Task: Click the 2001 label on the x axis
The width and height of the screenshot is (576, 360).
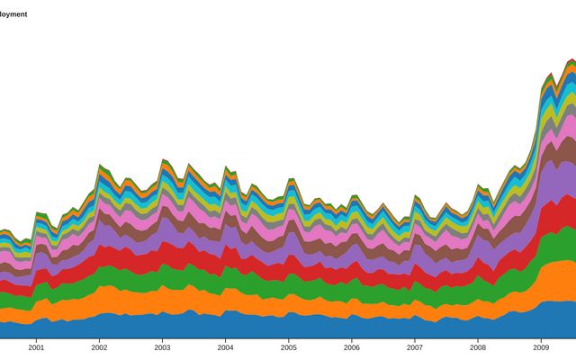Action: [36, 346]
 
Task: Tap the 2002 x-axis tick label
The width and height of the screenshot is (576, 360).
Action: [99, 346]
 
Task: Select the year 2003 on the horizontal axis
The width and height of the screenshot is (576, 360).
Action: [162, 346]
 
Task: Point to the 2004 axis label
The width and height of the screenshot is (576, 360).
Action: [225, 346]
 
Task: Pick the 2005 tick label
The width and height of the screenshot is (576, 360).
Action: [288, 346]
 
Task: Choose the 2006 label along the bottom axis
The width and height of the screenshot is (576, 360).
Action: [352, 346]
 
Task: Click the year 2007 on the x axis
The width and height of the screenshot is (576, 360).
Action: [415, 346]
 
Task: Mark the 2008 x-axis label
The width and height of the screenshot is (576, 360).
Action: [478, 346]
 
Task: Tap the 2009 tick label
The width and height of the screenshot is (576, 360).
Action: [541, 346]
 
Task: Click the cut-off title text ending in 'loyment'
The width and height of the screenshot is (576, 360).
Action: [13, 14]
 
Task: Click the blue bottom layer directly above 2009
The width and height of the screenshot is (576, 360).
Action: [541, 320]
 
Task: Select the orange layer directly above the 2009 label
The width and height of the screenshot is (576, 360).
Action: [541, 283]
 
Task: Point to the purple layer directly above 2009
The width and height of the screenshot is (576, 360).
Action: [541, 180]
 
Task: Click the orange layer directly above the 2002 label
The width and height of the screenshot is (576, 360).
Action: [99, 301]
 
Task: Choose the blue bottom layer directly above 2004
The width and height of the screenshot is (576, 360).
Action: [225, 325]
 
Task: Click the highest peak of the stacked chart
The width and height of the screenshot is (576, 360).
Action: [570, 60]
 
